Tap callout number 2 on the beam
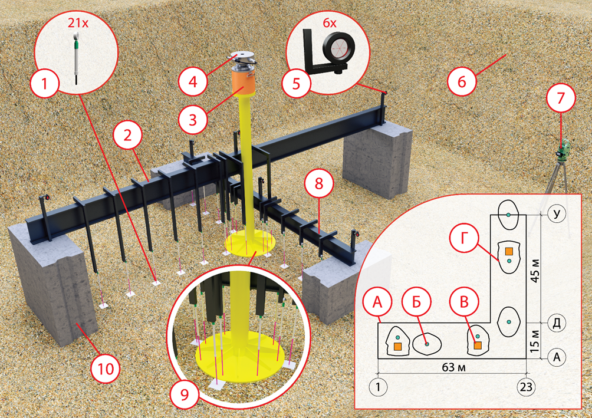click(x=127, y=135)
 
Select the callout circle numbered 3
click(x=193, y=120)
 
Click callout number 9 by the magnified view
click(x=184, y=394)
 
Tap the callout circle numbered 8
click(x=319, y=184)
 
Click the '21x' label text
click(x=78, y=24)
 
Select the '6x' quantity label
click(x=329, y=24)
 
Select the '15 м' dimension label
click(x=535, y=341)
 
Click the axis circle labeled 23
click(x=526, y=387)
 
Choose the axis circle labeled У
click(x=556, y=214)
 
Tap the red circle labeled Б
click(x=416, y=302)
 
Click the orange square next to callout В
click(x=478, y=345)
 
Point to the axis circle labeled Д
click(x=556, y=323)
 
